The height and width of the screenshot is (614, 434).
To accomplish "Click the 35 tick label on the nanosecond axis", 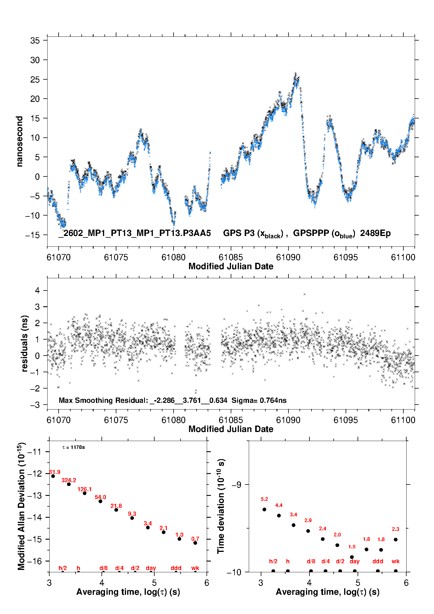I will point(35,41).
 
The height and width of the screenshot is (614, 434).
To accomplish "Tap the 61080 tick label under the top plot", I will point(173,257).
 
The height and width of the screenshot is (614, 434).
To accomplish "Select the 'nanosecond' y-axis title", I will point(20,141).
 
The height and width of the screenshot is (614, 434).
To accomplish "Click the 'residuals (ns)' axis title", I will point(25,343).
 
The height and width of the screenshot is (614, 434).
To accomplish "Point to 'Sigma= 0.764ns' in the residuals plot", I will point(259,400).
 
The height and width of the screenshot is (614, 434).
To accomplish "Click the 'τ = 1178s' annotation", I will point(73,447).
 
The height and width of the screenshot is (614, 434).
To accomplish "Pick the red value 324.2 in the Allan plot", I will point(69,480).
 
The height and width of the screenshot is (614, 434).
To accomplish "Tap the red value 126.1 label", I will point(85,489).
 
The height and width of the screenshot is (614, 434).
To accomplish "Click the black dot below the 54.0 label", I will point(100,501).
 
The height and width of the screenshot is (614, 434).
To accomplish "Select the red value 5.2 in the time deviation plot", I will point(264,499).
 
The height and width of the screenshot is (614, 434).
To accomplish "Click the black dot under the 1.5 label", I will point(352,557).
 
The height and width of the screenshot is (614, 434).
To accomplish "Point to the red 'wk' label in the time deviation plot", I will point(395,561).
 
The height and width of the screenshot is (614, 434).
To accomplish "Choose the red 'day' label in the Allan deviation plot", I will point(151,568).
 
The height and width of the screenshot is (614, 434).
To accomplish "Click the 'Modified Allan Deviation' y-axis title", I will point(22,506).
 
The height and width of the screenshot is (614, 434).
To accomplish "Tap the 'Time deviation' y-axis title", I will point(221,506).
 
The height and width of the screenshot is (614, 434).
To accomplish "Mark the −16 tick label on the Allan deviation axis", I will point(35,561).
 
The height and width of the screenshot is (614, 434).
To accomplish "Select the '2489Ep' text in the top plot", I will point(375,233).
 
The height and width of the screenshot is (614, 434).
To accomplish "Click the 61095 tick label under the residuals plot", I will point(346,420).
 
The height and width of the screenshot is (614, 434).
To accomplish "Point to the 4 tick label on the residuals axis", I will point(37,291).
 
